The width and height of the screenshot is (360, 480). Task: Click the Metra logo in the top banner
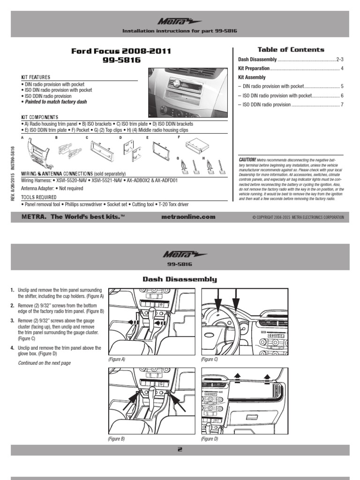(x=180, y=21)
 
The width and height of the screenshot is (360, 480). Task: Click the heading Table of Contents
(x=291, y=49)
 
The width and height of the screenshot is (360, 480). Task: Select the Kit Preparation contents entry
(x=254, y=68)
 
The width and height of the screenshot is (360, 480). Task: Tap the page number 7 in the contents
(x=342, y=105)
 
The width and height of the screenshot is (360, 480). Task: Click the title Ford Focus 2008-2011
(x=121, y=51)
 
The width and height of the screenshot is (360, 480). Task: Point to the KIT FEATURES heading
(x=36, y=77)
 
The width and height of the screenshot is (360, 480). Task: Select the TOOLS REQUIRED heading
(x=39, y=197)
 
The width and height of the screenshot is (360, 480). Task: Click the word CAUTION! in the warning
(x=247, y=159)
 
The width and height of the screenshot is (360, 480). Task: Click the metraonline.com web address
(x=187, y=217)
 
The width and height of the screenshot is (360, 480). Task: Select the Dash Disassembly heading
(x=180, y=279)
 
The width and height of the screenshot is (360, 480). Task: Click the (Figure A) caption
(x=117, y=359)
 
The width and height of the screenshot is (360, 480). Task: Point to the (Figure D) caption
(x=210, y=439)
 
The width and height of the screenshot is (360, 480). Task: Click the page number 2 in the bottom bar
(x=180, y=450)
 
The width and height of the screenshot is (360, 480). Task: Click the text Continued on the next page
(x=45, y=363)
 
